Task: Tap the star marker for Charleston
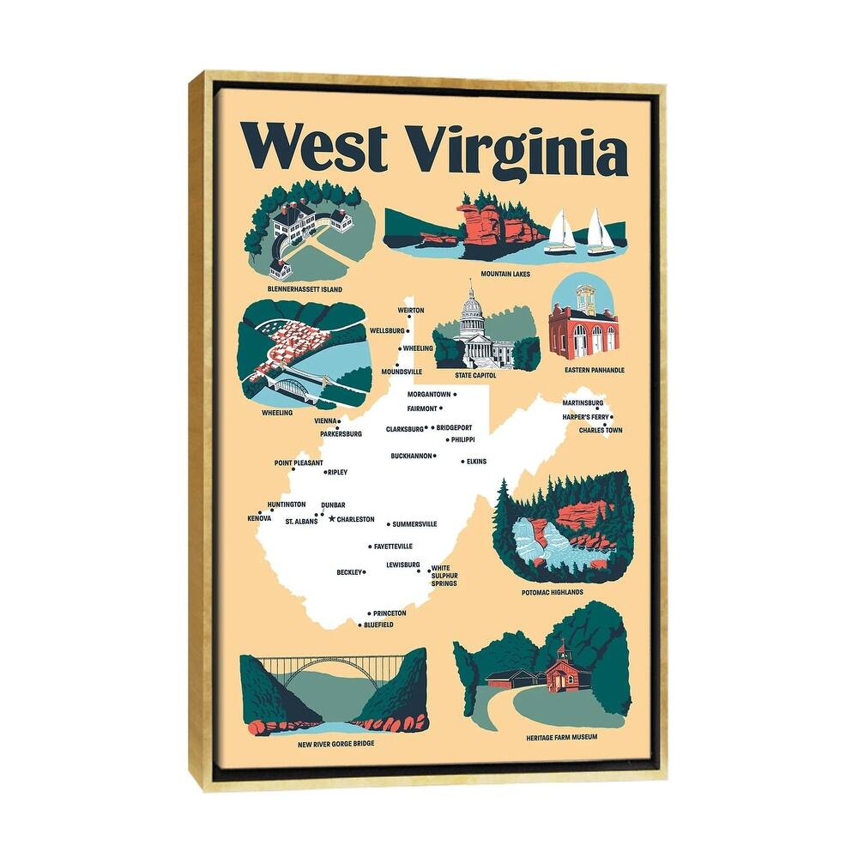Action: click(332, 519)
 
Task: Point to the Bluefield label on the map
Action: click(378, 625)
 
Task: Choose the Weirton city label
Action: click(411, 311)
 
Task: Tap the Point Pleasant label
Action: click(299, 462)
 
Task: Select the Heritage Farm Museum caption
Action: click(562, 737)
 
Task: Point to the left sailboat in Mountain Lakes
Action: click(561, 232)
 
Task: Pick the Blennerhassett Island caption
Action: click(304, 289)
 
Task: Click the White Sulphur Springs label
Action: click(444, 575)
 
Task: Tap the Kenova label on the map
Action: click(259, 519)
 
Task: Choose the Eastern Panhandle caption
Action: click(594, 370)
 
